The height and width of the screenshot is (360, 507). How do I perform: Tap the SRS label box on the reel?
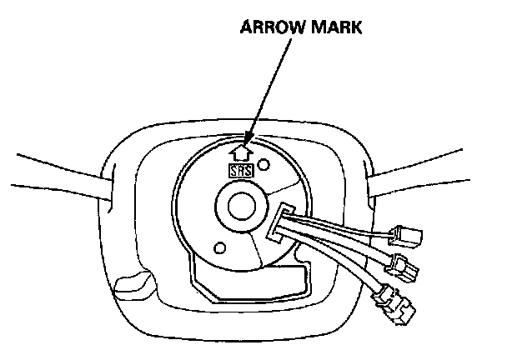[241, 169]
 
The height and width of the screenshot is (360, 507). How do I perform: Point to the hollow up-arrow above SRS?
[242, 152]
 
